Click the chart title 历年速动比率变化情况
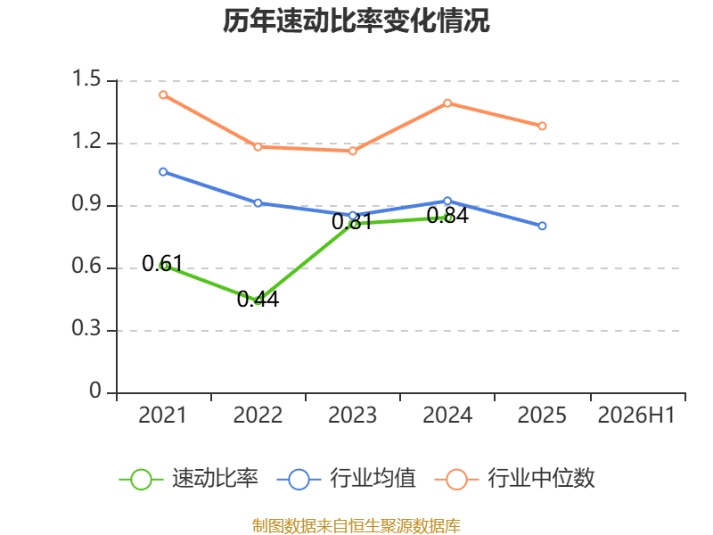356,21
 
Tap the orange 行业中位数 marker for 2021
163,95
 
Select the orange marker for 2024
447,103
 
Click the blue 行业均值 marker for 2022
258,203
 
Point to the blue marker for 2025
542,226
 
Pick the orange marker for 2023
353,151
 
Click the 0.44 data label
258,300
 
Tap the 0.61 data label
162,263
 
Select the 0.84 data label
447,216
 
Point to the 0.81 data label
352,222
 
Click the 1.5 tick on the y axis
86,78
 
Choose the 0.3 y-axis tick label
86,328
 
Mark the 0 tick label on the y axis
95,391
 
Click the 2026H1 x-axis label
636,415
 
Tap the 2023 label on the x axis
352,415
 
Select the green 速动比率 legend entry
188,479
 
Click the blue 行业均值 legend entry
346,479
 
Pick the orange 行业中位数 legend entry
515,479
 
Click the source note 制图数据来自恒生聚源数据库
356,526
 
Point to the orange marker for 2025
542,126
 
